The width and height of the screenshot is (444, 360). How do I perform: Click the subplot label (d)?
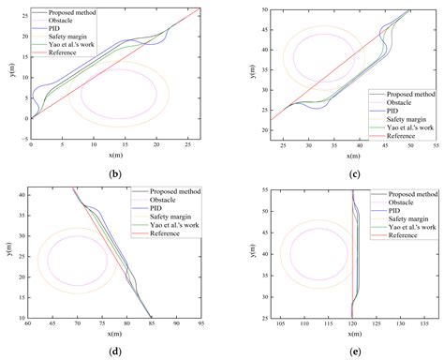tap(115, 352)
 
